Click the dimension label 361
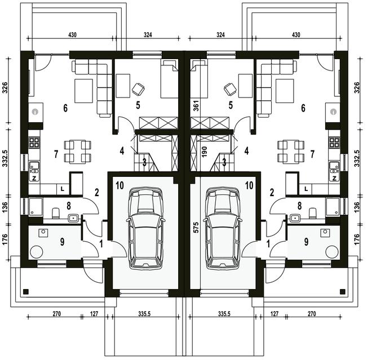196,105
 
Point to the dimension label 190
204,152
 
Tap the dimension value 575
196,228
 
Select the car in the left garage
145,228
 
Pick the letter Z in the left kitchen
34,179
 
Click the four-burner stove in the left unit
34,143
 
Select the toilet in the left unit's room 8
56,213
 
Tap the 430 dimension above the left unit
72,35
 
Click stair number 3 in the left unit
144,162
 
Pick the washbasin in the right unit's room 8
295,217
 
